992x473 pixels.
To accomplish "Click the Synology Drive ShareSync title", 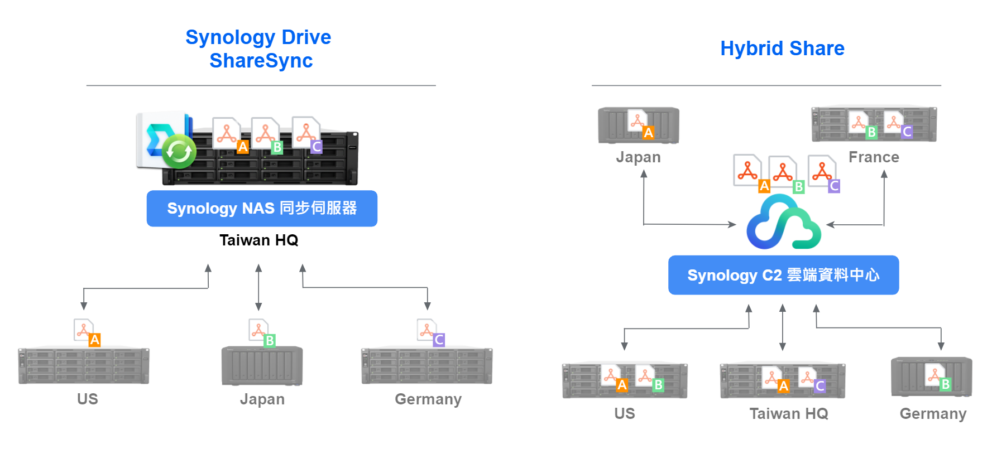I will click(x=258, y=49).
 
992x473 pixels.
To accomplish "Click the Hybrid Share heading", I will click(x=782, y=49).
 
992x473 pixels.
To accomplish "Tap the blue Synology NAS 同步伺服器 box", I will click(x=262, y=209).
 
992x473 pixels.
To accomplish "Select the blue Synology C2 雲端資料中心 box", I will click(x=783, y=275).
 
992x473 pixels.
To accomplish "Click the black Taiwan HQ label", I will click(x=258, y=240).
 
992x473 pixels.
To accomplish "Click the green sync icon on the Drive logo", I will click(x=179, y=151).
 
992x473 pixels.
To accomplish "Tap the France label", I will click(x=874, y=157).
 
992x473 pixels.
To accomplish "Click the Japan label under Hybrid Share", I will click(x=638, y=157).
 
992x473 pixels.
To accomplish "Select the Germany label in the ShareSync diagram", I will click(x=428, y=399).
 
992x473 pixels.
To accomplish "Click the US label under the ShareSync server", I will click(x=88, y=399).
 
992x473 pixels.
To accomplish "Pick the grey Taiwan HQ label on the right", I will click(x=788, y=414).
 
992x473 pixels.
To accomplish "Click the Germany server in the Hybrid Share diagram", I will click(x=931, y=377).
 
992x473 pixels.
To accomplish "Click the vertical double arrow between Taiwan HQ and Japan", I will click(x=258, y=287).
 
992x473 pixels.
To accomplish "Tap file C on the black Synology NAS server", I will click(x=307, y=134).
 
